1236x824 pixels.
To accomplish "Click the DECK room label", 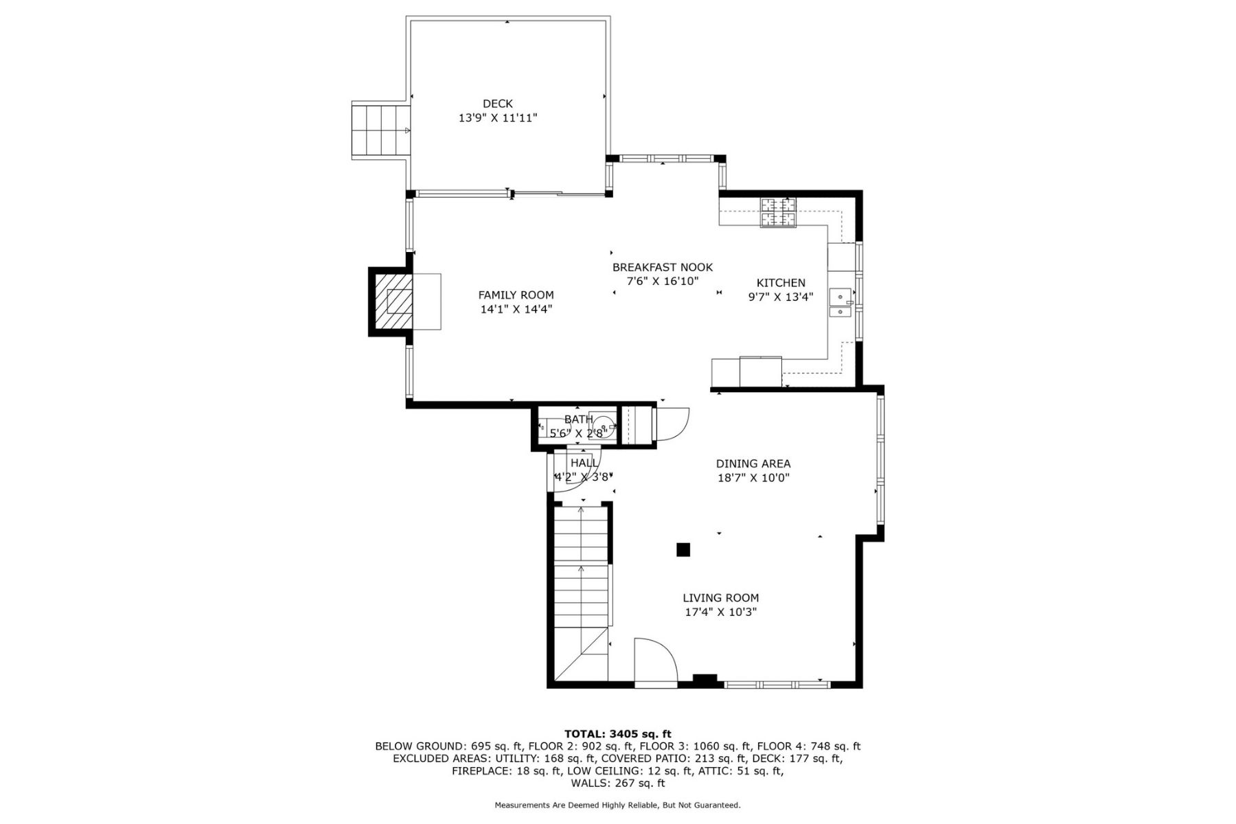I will [x=497, y=104].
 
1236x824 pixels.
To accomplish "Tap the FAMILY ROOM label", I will [x=516, y=295].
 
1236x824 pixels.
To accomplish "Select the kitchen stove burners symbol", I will [x=778, y=212].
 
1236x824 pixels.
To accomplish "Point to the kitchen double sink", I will [x=840, y=304].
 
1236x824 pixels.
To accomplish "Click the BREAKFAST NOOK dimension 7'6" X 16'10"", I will [x=663, y=281].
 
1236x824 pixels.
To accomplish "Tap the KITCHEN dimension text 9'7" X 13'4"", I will [x=781, y=297].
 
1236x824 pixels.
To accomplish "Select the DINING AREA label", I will [x=753, y=463].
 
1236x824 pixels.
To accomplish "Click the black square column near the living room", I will [x=683, y=549].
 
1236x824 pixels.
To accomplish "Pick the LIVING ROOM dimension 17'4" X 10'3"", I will [x=720, y=612].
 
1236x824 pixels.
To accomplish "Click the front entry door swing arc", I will [x=656, y=661].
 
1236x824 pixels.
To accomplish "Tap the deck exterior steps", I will [x=380, y=130].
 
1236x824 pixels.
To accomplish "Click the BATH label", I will [x=578, y=419].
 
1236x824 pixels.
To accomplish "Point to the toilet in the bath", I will [x=604, y=425].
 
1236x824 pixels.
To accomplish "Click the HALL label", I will [x=584, y=463].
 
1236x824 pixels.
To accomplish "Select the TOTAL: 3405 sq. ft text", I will [x=617, y=733].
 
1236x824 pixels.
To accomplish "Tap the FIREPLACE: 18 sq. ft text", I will [x=506, y=771].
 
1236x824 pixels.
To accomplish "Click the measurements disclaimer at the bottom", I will [x=617, y=805].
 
